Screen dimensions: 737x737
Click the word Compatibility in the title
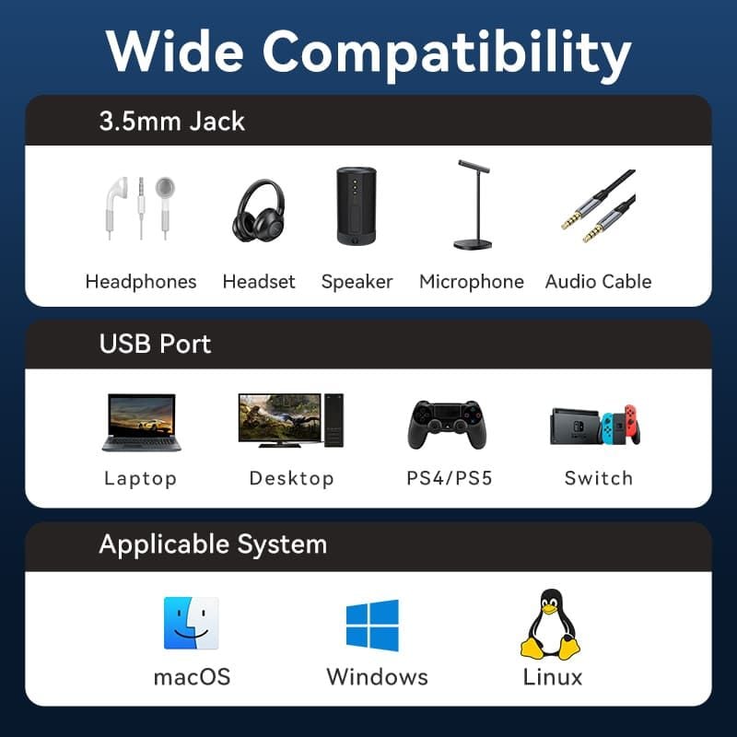click(x=447, y=54)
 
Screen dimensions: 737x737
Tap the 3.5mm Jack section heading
click(x=172, y=122)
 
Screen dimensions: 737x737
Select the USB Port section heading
click(x=155, y=344)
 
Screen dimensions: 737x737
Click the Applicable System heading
click(x=213, y=544)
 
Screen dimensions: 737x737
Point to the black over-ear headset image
click(x=259, y=211)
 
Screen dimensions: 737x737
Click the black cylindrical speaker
click(x=357, y=205)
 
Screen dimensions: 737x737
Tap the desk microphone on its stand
click(x=473, y=205)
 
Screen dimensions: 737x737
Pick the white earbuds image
click(x=140, y=208)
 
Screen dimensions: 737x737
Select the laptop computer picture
click(x=142, y=423)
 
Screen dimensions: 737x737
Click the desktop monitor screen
click(x=280, y=418)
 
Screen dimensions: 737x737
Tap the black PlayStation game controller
click(x=447, y=425)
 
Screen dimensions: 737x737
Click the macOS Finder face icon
click(x=192, y=624)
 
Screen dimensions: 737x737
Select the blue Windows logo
click(x=372, y=626)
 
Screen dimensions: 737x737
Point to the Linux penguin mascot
click(x=550, y=625)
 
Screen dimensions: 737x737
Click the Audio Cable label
click(x=598, y=282)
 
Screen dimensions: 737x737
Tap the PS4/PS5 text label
click(x=450, y=478)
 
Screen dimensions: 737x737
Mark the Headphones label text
click(x=141, y=282)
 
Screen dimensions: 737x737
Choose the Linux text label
click(x=553, y=677)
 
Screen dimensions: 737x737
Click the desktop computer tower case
click(x=333, y=420)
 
